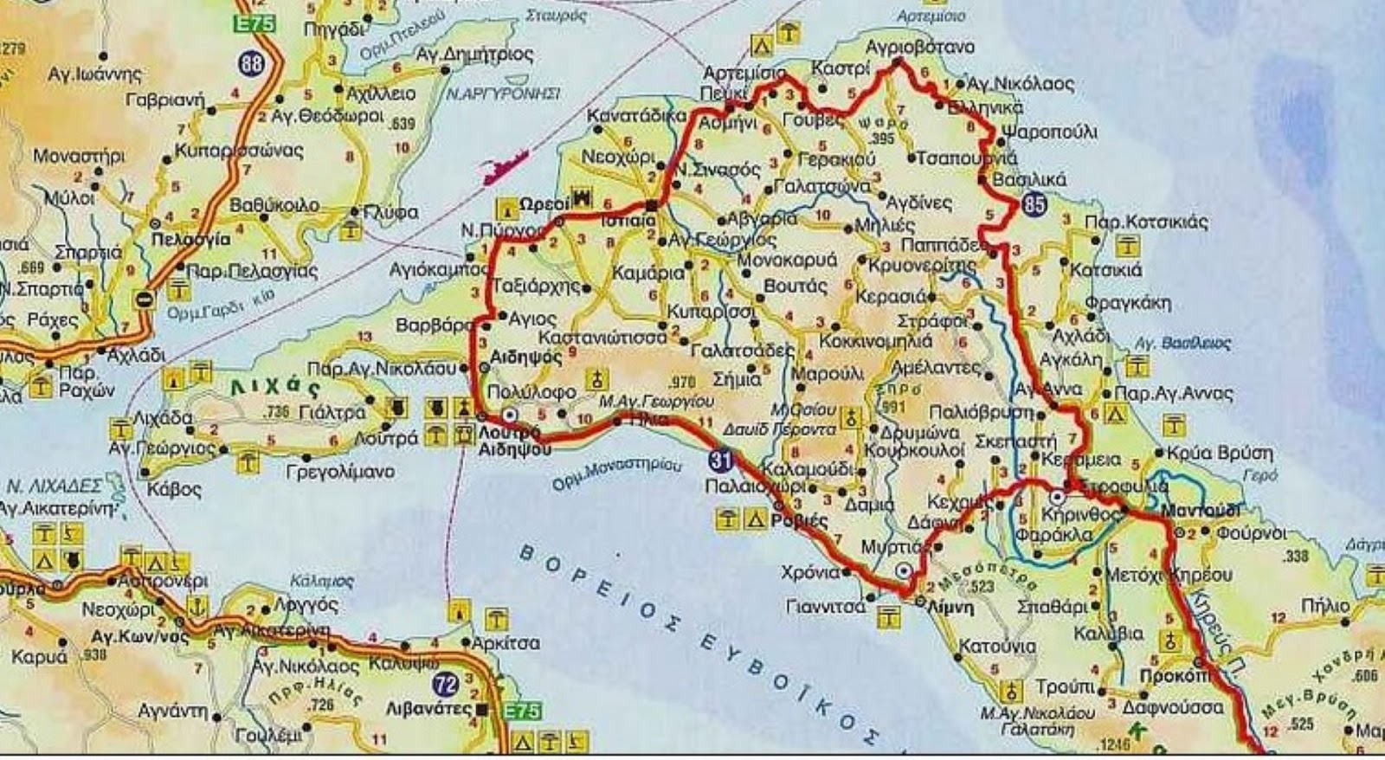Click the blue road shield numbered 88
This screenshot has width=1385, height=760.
[253, 65]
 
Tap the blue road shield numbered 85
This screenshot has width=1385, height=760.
[1034, 205]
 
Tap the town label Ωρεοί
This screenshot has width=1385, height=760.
[544, 203]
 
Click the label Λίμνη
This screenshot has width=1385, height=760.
[950, 607]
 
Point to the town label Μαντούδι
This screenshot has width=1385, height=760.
[1201, 511]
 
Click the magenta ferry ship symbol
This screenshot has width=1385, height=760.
[505, 166]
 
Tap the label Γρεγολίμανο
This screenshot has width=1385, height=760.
[340, 472]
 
